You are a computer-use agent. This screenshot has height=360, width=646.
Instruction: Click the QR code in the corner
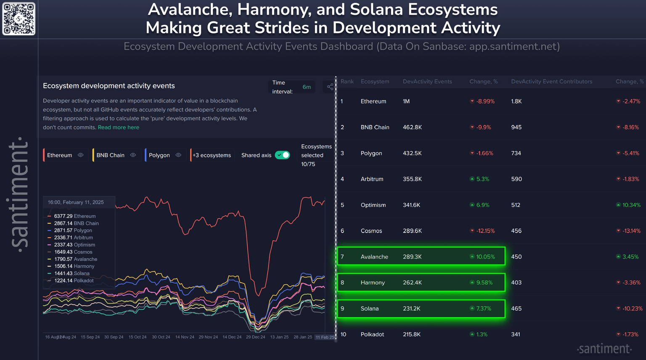click(x=19, y=19)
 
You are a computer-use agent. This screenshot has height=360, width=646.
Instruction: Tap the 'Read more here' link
click(x=118, y=127)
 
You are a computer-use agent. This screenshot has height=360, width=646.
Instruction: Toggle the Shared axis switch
click(x=282, y=155)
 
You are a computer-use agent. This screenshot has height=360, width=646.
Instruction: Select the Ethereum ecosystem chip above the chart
click(x=60, y=155)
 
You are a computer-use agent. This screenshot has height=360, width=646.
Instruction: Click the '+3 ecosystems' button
click(x=212, y=155)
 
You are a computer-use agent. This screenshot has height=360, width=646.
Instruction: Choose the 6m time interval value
click(x=307, y=87)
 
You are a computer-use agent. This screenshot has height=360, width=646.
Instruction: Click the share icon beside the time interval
click(x=330, y=87)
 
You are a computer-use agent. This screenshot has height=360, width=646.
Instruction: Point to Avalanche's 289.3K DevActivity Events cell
click(x=412, y=257)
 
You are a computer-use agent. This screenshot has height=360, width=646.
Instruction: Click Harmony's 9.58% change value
click(x=484, y=283)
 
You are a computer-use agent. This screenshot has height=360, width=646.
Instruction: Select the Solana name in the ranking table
click(x=370, y=309)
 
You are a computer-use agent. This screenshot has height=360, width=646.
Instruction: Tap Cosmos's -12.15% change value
click(x=485, y=231)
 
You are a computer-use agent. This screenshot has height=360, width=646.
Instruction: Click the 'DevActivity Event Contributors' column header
click(x=551, y=82)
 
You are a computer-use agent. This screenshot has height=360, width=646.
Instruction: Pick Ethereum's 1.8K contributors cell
click(x=516, y=101)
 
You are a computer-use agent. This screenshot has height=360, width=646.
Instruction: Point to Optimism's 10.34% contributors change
click(x=631, y=205)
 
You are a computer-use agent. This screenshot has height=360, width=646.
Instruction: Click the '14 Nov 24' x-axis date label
click(x=185, y=337)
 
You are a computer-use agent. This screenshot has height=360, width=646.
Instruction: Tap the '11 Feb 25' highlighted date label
click(x=325, y=337)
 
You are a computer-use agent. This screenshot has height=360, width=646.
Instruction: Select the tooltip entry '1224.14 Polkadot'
click(x=74, y=281)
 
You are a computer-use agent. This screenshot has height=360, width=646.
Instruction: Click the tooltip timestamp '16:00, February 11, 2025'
click(x=76, y=202)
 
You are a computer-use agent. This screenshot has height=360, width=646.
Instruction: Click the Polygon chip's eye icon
click(x=178, y=155)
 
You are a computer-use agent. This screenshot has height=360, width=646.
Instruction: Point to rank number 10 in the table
click(x=344, y=334)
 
